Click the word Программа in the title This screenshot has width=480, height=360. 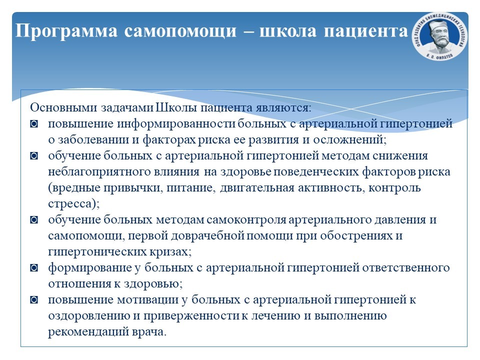coord(66,31)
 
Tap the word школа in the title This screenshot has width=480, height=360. coord(288,31)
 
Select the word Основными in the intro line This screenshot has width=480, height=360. coord(63,107)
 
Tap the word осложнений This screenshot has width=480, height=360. coord(350,139)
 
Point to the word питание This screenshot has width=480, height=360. coord(189,187)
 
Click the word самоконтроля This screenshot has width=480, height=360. coord(246,220)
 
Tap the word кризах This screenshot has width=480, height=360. coord(170,251)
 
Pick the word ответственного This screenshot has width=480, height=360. coord(406,268)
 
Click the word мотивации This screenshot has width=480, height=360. coord(147,299)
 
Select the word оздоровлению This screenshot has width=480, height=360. coord(89,315)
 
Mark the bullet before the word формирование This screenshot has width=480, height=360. coord(34,268)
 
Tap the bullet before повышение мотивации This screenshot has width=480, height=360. coord(34,300)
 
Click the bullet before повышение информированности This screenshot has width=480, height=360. coord(34,124)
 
